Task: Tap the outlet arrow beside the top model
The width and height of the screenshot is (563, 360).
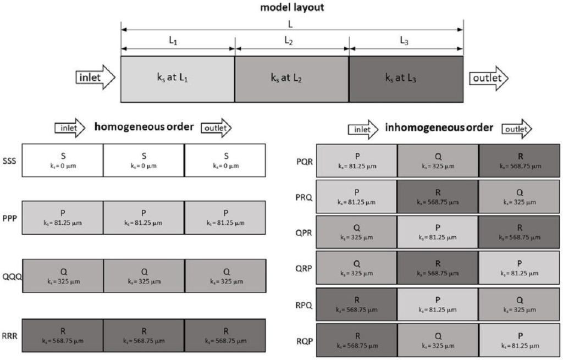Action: point(489,78)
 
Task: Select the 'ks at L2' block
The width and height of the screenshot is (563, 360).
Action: point(291,79)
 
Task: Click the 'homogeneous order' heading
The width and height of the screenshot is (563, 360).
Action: point(143,128)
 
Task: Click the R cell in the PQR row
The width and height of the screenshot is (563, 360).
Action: point(519,160)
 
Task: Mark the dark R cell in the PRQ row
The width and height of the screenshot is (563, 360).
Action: point(438,196)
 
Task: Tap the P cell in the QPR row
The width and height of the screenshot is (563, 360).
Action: point(438,232)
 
